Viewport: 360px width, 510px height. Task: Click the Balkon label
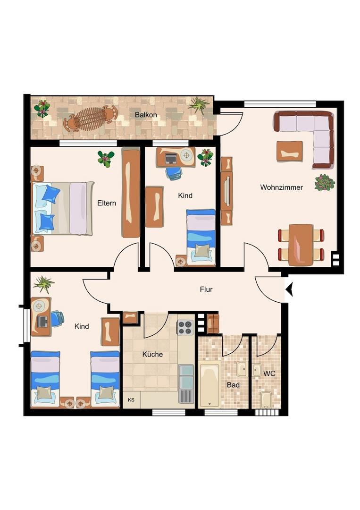click(x=146, y=115)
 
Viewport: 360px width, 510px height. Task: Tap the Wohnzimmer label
click(x=281, y=187)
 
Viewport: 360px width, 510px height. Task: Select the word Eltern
click(x=107, y=203)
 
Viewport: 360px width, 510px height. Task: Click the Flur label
click(x=206, y=289)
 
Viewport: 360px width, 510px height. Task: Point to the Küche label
click(x=152, y=354)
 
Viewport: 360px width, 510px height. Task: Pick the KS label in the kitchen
click(x=131, y=400)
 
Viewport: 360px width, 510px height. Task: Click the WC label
click(x=269, y=374)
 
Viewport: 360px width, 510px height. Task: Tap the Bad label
click(x=233, y=385)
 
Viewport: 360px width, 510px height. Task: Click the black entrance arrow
click(x=289, y=289)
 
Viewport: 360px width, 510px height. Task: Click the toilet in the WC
click(x=266, y=400)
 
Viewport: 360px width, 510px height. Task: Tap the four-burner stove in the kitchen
click(x=185, y=327)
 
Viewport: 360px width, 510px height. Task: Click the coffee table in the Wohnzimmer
click(x=290, y=151)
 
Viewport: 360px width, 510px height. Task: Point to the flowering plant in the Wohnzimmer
click(x=324, y=182)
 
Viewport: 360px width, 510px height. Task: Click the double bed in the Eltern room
click(x=62, y=209)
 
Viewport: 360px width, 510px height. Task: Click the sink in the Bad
click(x=243, y=368)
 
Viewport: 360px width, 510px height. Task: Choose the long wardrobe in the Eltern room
click(x=131, y=193)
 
